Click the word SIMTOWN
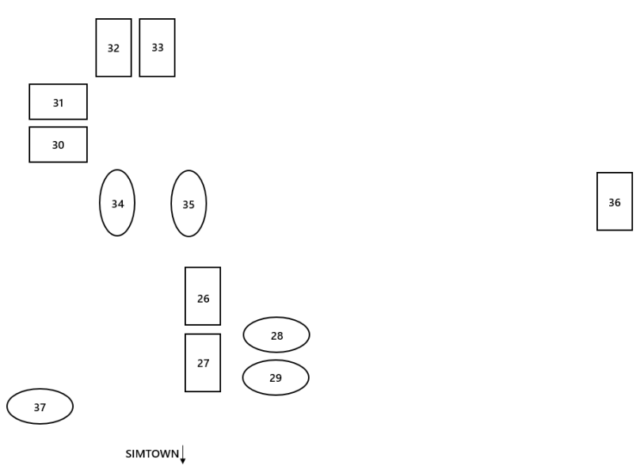tap(152, 454)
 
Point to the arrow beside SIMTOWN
tap(183, 455)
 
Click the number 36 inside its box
tap(615, 203)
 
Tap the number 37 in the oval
tap(40, 408)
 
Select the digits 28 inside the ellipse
tap(276, 336)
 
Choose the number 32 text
tap(113, 48)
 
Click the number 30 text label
tap(58, 146)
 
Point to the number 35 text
tap(189, 204)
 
